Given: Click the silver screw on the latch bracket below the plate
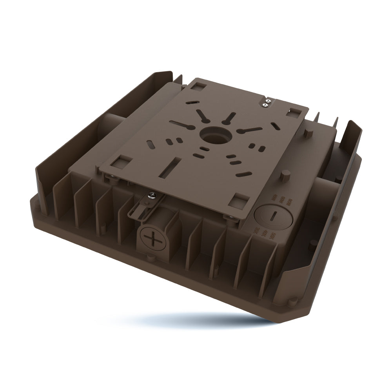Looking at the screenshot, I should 151,194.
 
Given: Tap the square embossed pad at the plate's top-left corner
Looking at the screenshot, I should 199,85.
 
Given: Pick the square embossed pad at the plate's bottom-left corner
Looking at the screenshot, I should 122,161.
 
